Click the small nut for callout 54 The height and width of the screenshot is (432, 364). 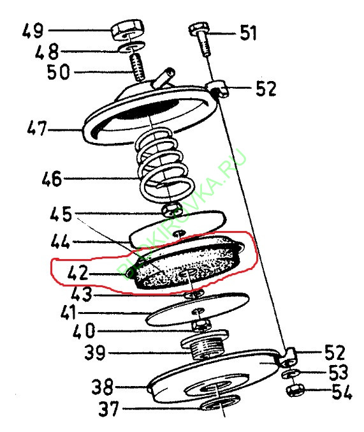tap(295, 389)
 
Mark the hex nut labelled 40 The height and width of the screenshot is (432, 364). tap(203, 327)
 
